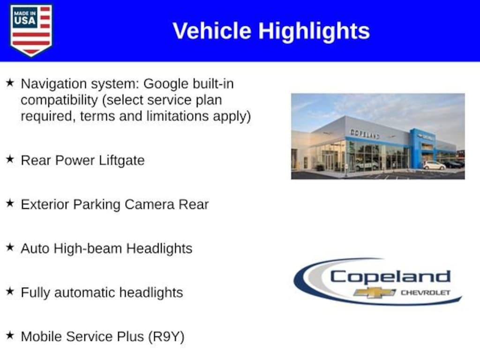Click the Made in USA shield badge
pyautogui.click(x=31, y=30)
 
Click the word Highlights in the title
pyautogui.click(x=314, y=31)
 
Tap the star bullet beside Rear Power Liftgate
pyautogui.click(x=10, y=159)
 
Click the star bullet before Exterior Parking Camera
pyautogui.click(x=10, y=203)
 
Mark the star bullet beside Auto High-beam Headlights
pyautogui.click(x=10, y=247)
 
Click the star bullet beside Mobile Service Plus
pyautogui.click(x=10, y=335)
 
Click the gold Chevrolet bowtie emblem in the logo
pyautogui.click(x=375, y=293)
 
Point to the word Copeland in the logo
pyautogui.click(x=390, y=277)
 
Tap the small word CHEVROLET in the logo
pyautogui.click(x=425, y=293)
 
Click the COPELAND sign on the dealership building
pyautogui.click(x=365, y=134)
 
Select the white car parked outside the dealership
pyautogui.click(x=434, y=165)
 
